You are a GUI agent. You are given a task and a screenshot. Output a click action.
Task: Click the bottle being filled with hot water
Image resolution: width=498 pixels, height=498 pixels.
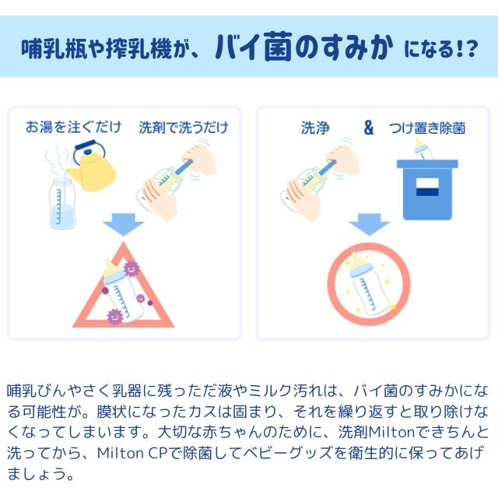click(x=62, y=203)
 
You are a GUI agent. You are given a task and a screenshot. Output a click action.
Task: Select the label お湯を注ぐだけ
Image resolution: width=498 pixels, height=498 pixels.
click(x=73, y=127)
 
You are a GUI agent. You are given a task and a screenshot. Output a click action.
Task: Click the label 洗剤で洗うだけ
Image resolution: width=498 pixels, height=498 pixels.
click(x=184, y=128)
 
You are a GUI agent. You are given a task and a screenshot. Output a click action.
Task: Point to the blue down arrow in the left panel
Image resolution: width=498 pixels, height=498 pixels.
click(x=123, y=224)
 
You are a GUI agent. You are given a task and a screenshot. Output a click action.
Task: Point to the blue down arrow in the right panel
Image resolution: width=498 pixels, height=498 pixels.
click(x=369, y=224)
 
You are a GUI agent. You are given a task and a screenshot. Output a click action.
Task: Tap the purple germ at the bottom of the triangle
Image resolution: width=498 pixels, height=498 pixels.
click(x=114, y=316)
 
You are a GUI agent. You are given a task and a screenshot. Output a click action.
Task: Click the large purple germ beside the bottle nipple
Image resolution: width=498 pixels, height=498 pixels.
click(x=131, y=268)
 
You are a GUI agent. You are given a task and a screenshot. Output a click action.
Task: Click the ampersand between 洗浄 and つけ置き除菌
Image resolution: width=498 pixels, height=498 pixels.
click(x=368, y=128)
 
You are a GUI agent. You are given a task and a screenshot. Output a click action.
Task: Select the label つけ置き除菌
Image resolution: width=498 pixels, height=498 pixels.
click(x=427, y=128)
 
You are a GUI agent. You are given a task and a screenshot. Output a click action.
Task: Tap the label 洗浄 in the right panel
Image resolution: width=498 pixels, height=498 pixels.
click(x=315, y=128)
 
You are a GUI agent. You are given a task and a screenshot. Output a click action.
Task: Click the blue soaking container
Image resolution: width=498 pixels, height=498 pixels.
click(x=427, y=190)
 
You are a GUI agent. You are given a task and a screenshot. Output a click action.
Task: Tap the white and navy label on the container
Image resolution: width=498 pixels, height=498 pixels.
click(x=427, y=187)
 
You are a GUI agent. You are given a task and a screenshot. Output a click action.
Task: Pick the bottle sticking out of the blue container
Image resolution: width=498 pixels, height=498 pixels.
click(x=423, y=149)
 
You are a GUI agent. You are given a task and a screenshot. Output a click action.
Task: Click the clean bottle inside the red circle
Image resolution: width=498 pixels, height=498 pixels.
click(x=367, y=283)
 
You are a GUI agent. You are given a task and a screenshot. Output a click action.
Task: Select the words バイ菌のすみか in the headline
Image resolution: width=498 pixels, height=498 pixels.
click(x=303, y=47)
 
